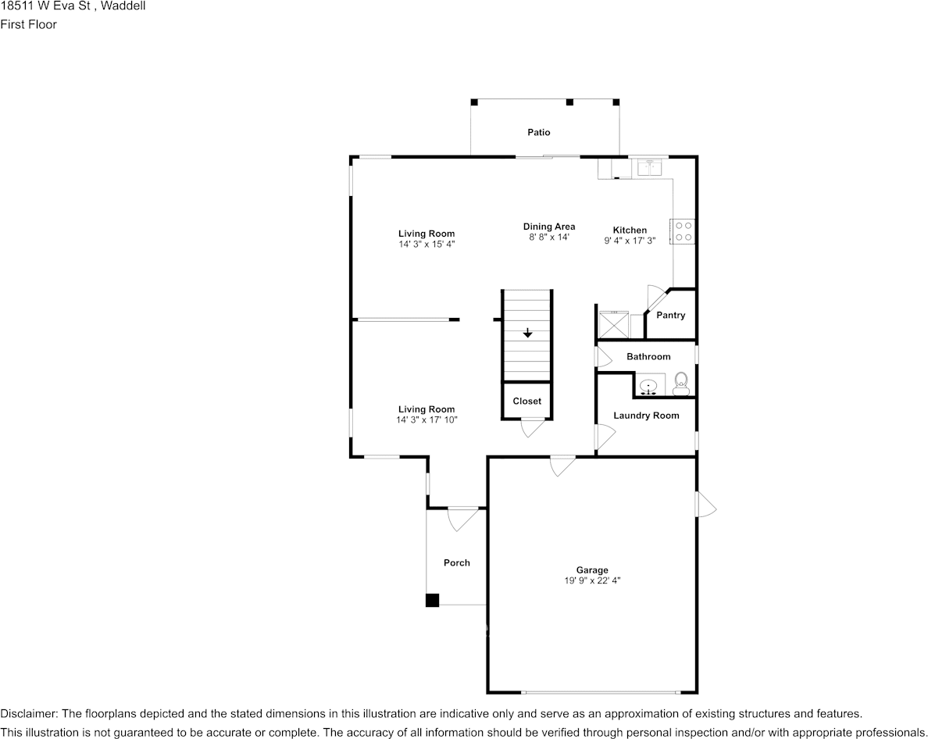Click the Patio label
tap(538, 133)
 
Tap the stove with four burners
tap(683, 230)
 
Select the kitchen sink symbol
tap(649, 167)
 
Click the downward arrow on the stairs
tap(528, 334)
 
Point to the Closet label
tap(526, 402)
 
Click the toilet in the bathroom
tap(681, 381)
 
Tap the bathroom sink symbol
tap(648, 387)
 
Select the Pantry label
tap(670, 316)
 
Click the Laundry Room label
tap(646, 416)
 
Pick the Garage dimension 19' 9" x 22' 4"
tap(592, 580)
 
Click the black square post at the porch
tap(432, 600)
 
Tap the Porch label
tap(457, 563)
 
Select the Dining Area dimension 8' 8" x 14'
tap(549, 237)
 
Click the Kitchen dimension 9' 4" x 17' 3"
tap(630, 241)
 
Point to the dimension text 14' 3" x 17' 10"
tap(427, 420)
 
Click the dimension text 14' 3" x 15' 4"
tap(427, 244)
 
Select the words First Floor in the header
tap(28, 24)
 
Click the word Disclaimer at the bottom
tap(28, 714)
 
